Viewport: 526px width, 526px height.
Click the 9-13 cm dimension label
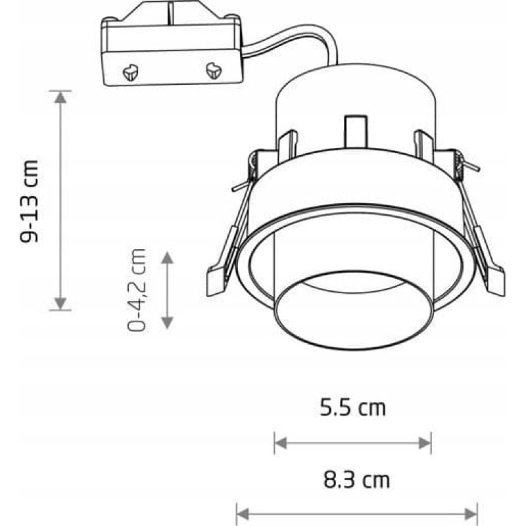click(x=29, y=201)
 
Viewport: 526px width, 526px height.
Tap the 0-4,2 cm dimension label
click(x=137, y=290)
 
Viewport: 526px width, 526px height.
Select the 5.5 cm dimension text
click(x=352, y=408)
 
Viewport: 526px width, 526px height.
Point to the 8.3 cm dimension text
click(x=356, y=480)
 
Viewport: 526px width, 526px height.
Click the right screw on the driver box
click(x=213, y=70)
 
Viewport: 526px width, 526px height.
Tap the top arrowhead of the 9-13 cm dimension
click(x=60, y=97)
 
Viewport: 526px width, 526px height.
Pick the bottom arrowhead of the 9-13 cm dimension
click(x=60, y=303)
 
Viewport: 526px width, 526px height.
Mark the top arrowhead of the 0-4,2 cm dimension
click(x=168, y=258)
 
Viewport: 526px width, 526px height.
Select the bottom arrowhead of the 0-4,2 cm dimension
click(x=168, y=323)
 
